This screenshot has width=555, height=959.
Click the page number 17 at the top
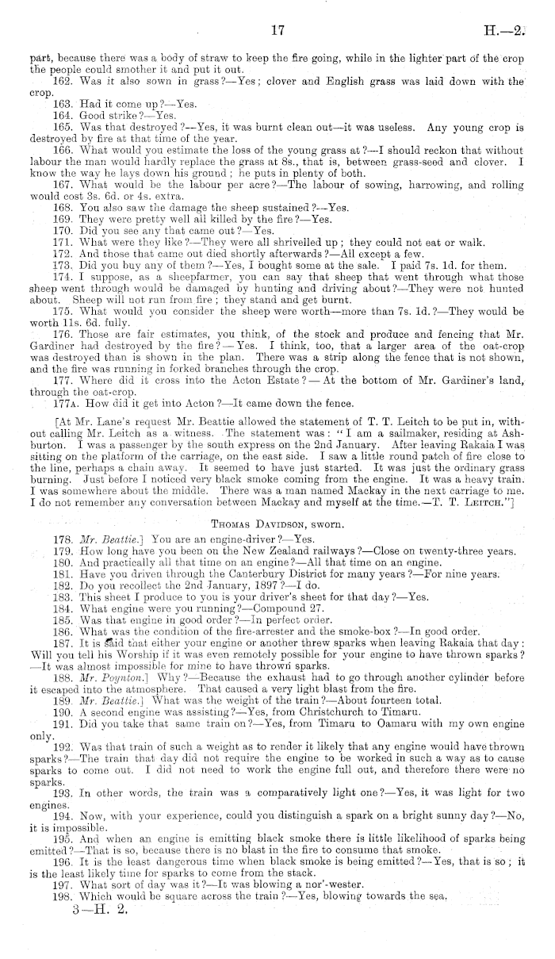277,31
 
